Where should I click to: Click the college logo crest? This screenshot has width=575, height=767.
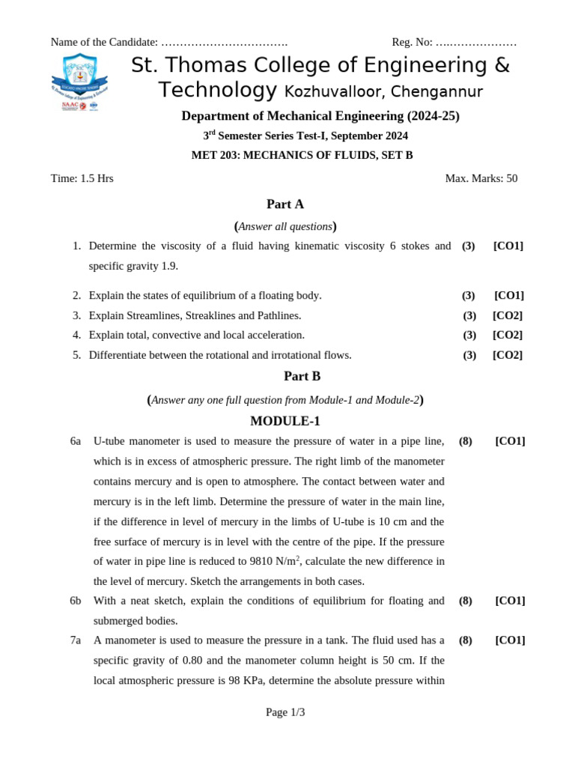[x=79, y=82]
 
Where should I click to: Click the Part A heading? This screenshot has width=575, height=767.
[x=285, y=204]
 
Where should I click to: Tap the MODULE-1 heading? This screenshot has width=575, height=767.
[x=285, y=421]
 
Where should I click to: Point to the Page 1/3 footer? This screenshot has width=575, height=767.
[x=285, y=712]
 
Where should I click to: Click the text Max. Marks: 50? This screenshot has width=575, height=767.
[x=481, y=178]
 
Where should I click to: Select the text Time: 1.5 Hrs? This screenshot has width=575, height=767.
[x=82, y=178]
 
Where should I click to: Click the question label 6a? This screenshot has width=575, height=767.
[x=76, y=441]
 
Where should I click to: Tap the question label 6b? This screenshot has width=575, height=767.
[x=76, y=601]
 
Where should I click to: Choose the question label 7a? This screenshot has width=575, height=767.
[x=76, y=640]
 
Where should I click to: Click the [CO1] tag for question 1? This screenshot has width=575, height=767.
[x=508, y=246]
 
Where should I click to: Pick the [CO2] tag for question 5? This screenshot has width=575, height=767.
[x=507, y=355]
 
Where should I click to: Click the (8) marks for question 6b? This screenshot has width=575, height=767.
[x=466, y=601]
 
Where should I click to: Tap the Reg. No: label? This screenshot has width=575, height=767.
[x=412, y=42]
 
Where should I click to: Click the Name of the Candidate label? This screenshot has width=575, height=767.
[x=104, y=42]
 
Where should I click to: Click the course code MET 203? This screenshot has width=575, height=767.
[x=214, y=155]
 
